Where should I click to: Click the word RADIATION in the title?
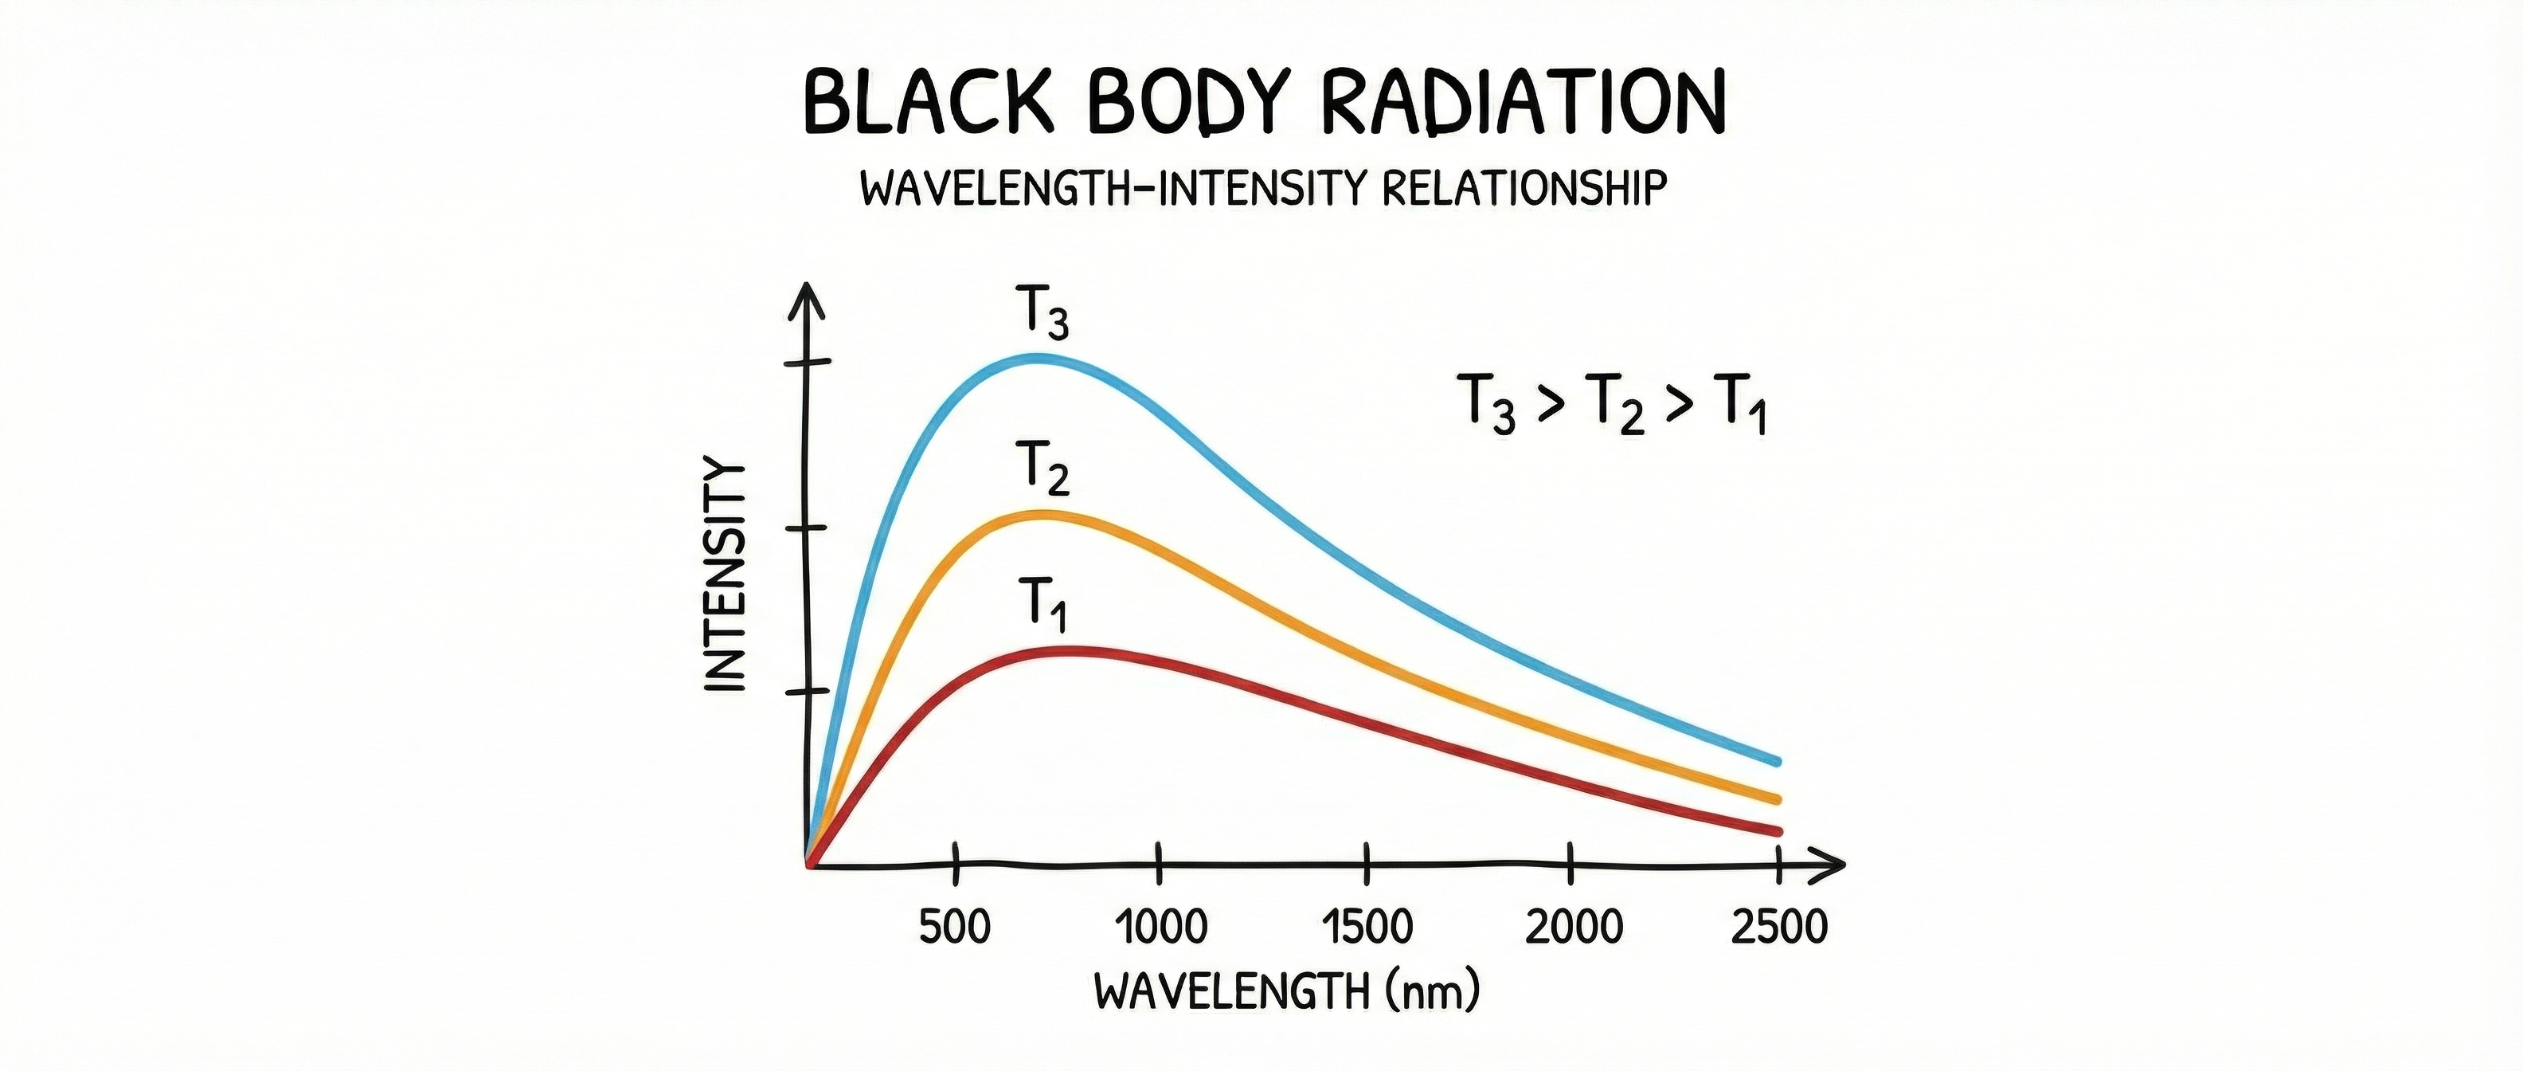click(1522, 103)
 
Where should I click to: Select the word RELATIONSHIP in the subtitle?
click(1524, 188)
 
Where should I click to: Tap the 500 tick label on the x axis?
click(955, 926)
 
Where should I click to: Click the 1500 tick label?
click(1367, 926)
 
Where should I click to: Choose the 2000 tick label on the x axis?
click(1574, 926)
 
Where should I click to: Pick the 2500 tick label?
click(1778, 926)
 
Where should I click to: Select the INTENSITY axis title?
click(726, 575)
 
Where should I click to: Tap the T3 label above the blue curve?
click(1041, 312)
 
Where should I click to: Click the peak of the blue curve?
click(1039, 359)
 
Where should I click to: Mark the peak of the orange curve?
click(1044, 516)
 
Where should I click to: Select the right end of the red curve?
click(1777, 832)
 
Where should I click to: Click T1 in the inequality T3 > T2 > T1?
click(1739, 405)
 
